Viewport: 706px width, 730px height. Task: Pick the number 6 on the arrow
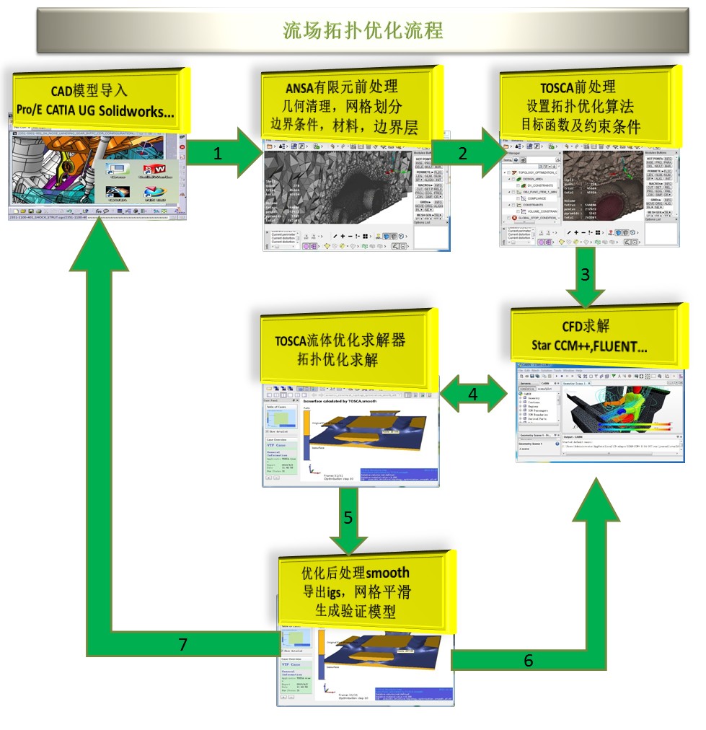coord(529,660)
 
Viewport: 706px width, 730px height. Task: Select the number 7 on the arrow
coord(183,644)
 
